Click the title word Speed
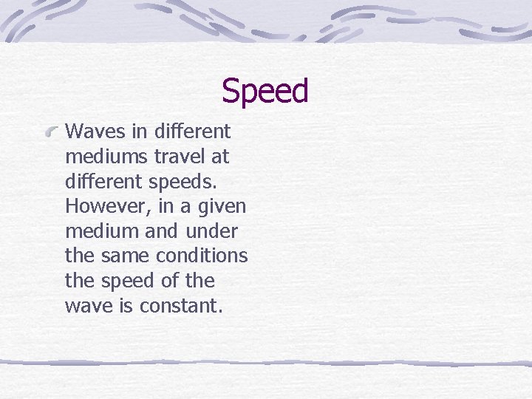tap(265, 92)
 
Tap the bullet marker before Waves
tap(52, 132)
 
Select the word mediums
tap(103, 157)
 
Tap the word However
tap(100, 206)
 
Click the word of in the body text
tap(170, 281)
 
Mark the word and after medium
tap(161, 231)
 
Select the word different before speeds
tap(102, 182)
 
